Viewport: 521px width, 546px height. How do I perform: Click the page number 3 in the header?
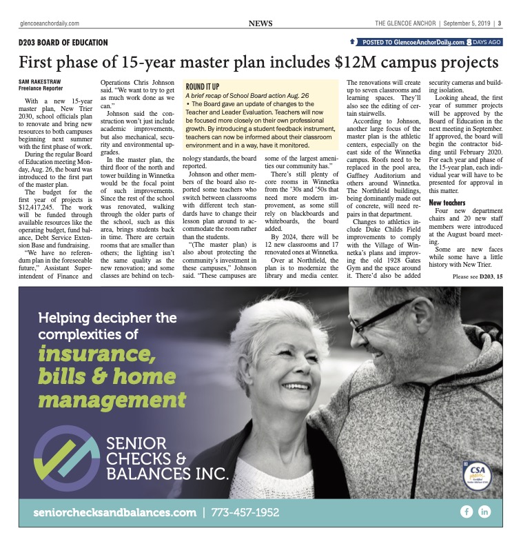498,23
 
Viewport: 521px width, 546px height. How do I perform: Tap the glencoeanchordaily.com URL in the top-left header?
49,23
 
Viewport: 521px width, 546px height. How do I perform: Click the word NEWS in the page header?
260,23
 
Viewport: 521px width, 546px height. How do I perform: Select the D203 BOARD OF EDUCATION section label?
63,42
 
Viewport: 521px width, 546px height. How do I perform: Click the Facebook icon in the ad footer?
467,512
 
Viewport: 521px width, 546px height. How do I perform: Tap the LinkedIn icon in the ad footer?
484,512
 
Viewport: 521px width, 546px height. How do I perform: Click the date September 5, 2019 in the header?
468,23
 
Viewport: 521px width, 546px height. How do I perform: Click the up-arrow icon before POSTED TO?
354,42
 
